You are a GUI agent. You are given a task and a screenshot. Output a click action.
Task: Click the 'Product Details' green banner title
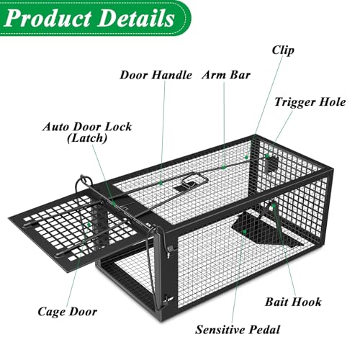pos(89,18)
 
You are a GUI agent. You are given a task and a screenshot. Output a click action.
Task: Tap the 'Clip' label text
pos(283,50)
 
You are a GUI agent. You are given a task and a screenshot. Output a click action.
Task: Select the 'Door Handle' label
pos(156,75)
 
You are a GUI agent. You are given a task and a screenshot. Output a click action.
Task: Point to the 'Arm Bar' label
pos(226,75)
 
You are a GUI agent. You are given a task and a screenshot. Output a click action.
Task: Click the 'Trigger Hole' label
pos(310,102)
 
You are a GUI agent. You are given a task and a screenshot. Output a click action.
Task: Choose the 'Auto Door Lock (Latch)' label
pos(87,132)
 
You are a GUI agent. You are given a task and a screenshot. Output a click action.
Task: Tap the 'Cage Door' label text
pos(68,312)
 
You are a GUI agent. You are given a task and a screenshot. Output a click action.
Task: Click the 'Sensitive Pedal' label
pos(238,330)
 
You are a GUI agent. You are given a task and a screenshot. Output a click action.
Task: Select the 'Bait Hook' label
pos(293,302)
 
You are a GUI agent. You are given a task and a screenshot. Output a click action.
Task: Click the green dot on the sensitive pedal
pos(245,232)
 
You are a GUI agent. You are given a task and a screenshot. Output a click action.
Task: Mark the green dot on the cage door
pos(89,225)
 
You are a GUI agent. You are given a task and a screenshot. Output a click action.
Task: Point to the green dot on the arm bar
pos(224,167)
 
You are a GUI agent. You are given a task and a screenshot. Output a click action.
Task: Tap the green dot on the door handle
pos(161,184)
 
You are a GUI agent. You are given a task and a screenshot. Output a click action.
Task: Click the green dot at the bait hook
pos(274,205)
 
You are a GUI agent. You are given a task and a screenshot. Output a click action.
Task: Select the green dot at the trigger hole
pos(267,156)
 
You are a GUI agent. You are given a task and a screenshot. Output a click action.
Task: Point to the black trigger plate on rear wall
pos(271,165)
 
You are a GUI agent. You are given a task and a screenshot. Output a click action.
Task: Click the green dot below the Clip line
pos(246,158)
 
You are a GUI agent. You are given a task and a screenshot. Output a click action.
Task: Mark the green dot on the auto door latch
pos(114,204)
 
